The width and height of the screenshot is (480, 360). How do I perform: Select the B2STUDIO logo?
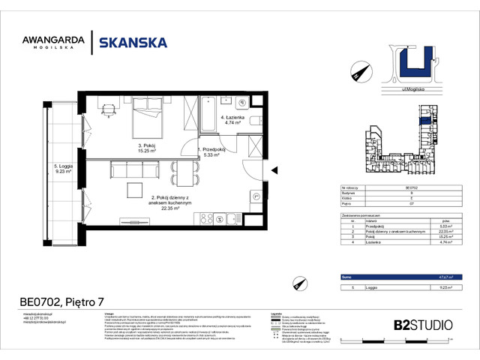(423, 325)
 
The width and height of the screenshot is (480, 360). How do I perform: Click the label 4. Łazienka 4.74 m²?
(232, 122)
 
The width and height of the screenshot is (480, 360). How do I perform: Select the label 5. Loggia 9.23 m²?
(61, 168)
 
